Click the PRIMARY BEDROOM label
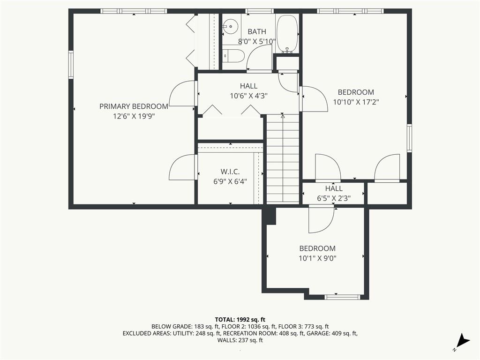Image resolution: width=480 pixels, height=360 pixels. coord(134,106)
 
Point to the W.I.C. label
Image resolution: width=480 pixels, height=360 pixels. coord(230,172)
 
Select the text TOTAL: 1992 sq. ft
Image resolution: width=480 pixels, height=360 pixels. coord(240,319)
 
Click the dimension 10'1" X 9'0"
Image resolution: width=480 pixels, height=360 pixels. coord(318,258)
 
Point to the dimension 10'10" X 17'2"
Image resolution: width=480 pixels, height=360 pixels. coord(356,102)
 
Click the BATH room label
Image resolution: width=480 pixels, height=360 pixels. coord(256,31)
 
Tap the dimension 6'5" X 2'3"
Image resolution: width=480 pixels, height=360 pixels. coord(334,198)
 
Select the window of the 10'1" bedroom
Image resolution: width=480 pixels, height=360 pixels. coord(343,297)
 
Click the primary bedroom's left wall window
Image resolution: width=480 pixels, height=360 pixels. coord(71,64)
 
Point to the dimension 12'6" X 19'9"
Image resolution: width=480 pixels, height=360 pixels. coord(134,116)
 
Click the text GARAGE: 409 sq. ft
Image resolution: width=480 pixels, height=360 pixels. coord(332,333)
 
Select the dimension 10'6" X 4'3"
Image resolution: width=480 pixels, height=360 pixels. coord(248,96)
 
